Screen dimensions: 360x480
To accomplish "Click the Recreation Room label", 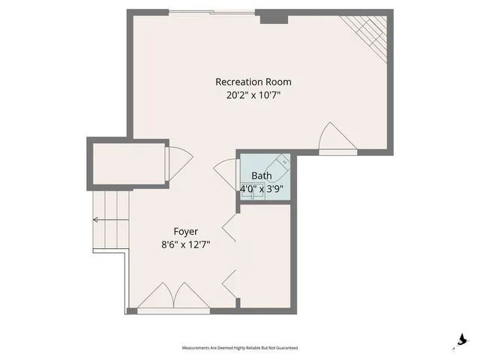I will (253, 82).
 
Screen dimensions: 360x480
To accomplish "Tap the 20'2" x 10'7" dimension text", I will (253, 95).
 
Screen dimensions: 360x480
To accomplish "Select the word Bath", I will (262, 176).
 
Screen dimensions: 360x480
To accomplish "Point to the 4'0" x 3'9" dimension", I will (262, 189).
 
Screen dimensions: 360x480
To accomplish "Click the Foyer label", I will (185, 232).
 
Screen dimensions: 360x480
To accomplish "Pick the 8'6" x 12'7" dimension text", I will (185, 244).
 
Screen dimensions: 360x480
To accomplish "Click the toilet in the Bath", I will (252, 189).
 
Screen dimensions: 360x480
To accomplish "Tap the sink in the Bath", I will (283, 161).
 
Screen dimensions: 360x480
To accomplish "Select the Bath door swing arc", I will (225, 172).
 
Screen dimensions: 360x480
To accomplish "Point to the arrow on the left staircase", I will (96, 220).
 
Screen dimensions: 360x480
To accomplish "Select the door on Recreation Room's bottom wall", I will (333, 139).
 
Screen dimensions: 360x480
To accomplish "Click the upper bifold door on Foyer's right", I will (230, 229).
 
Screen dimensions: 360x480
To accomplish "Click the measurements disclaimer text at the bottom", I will (240, 348).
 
